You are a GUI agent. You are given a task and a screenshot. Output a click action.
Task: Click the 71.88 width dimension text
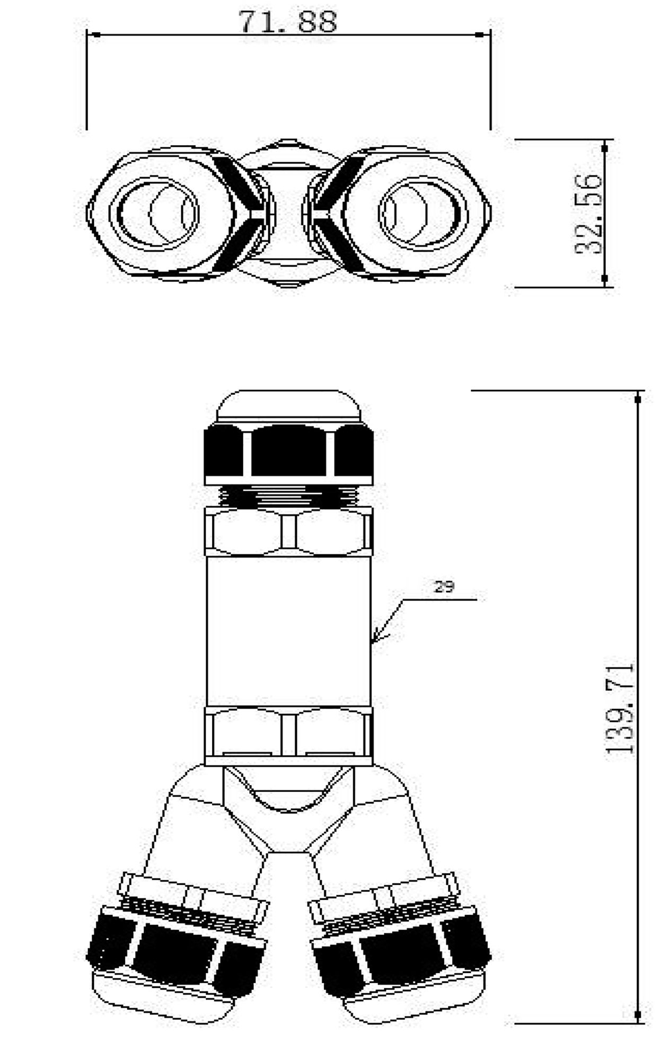tap(288, 22)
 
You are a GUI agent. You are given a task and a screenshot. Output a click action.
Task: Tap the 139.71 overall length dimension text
tap(619, 708)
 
